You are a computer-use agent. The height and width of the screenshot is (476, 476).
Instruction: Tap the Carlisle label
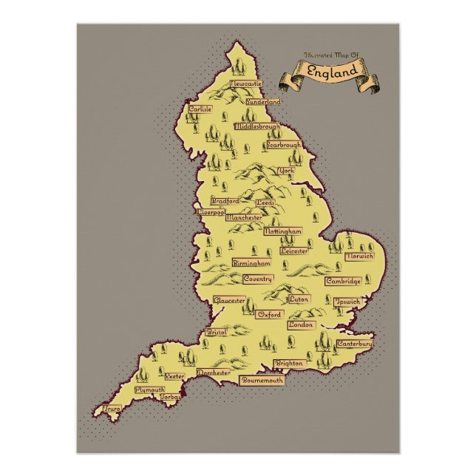(x=200, y=109)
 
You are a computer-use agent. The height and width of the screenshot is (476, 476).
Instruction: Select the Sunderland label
(x=264, y=101)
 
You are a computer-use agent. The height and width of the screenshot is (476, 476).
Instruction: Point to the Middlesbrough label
(x=257, y=126)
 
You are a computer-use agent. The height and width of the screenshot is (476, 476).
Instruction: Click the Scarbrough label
(x=284, y=146)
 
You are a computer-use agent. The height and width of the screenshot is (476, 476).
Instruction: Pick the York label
(x=285, y=171)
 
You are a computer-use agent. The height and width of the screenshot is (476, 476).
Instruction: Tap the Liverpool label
(x=211, y=211)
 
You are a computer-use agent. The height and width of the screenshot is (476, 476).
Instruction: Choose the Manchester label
(x=244, y=218)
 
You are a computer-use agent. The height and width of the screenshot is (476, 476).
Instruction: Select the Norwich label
(x=359, y=256)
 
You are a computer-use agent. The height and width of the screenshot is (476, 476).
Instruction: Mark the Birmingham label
(x=251, y=263)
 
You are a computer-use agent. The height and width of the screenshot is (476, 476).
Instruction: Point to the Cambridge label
(x=343, y=281)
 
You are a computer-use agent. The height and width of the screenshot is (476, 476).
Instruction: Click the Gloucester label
(x=229, y=300)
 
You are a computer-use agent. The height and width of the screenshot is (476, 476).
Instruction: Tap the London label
(x=302, y=324)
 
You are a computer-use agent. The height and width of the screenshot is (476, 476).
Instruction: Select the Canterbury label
(x=354, y=344)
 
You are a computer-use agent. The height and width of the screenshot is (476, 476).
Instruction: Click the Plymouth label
(x=150, y=389)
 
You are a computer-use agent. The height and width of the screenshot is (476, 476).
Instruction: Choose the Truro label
(x=112, y=407)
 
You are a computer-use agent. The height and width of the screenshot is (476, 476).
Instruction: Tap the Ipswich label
(x=347, y=302)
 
